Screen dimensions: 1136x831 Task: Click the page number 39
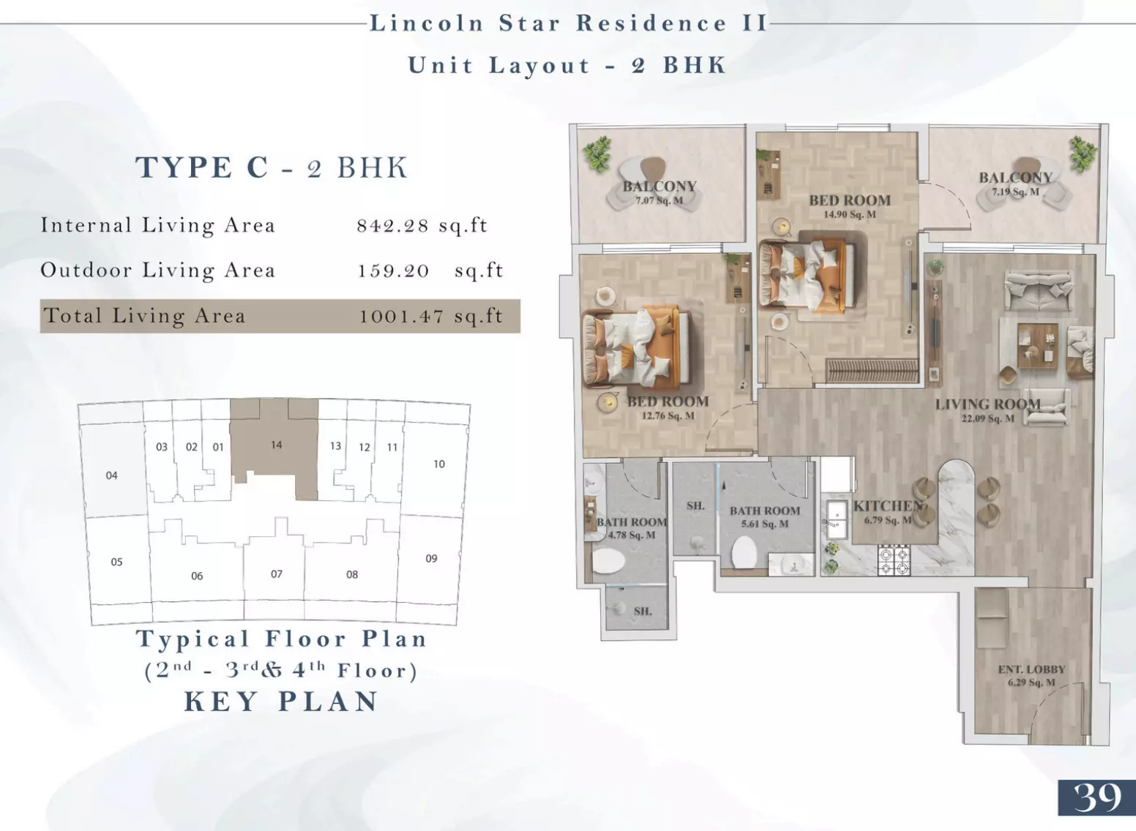[1097, 797]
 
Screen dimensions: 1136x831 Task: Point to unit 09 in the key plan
[431, 558]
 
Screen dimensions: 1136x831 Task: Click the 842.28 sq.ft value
[422, 225]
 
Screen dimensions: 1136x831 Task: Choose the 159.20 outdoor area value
[394, 271]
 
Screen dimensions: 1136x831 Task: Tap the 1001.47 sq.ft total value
[431, 316]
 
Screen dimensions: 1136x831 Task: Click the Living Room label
[988, 405]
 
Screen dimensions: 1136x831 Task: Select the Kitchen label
[888, 505]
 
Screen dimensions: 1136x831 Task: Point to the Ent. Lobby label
[1031, 669]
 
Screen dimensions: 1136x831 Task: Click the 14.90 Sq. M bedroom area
[850, 214]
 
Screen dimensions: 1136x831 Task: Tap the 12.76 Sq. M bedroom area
[668, 415]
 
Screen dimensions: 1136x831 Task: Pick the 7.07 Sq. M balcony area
[659, 200]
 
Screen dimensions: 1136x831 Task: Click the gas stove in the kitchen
[894, 561]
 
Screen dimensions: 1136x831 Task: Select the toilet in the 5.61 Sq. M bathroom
[744, 552]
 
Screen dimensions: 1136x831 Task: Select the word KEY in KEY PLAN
[222, 702]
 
